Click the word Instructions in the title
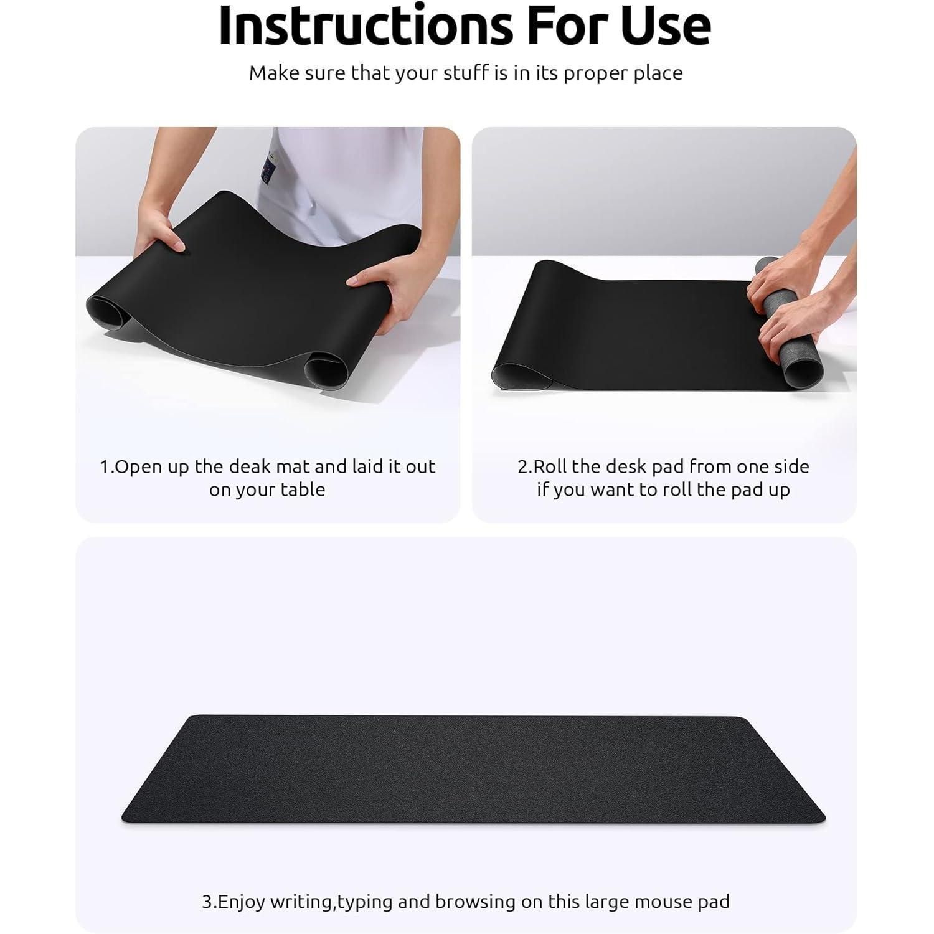[366, 26]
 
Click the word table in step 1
[301, 489]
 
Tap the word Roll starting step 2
[548, 466]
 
